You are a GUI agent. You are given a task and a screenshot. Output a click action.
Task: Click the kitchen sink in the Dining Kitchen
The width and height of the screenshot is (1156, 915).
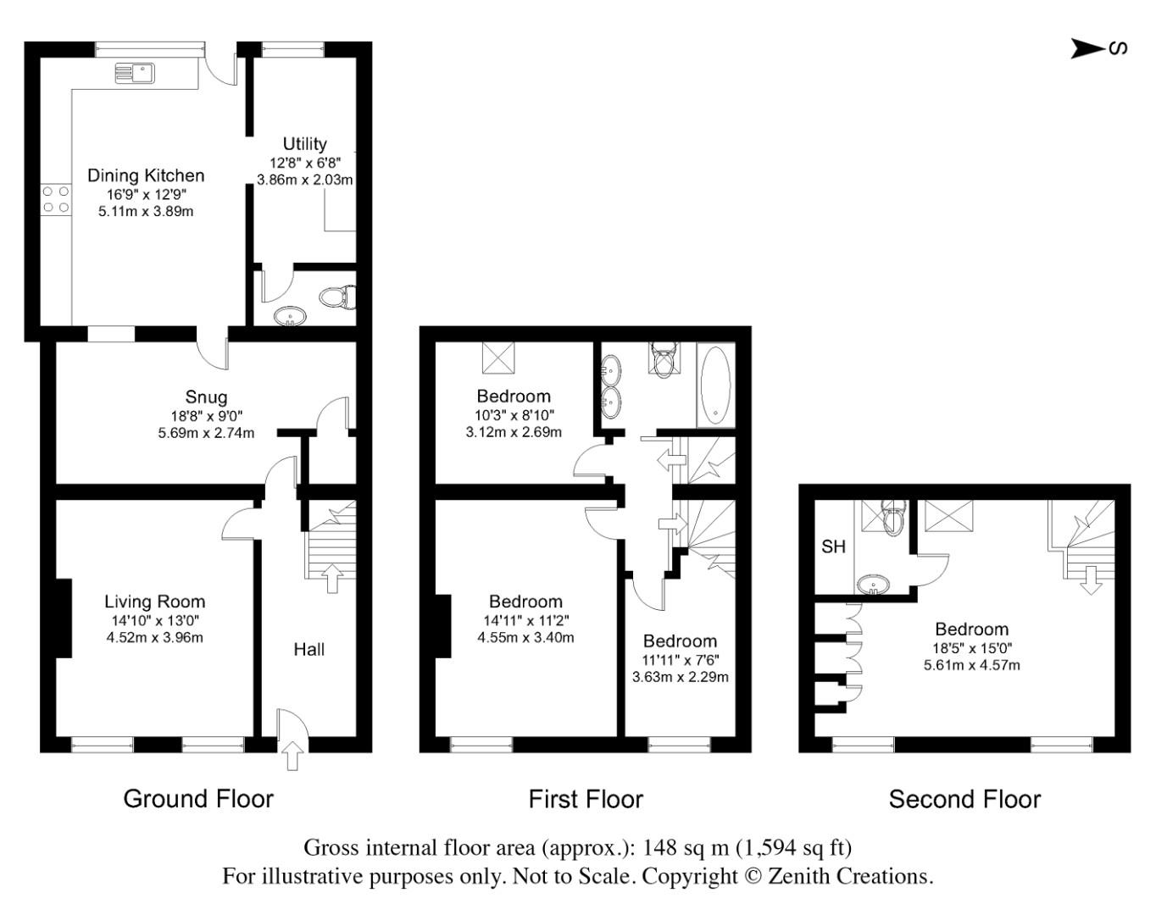click(x=135, y=73)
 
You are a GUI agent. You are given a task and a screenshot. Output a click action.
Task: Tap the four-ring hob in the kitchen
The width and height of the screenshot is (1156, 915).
click(x=56, y=199)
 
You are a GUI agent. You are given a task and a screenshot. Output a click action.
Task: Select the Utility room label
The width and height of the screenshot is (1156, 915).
click(x=304, y=144)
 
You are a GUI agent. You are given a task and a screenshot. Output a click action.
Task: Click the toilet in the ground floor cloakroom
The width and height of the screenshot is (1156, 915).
click(x=337, y=297)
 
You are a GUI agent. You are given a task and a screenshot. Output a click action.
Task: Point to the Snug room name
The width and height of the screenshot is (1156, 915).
click(x=206, y=397)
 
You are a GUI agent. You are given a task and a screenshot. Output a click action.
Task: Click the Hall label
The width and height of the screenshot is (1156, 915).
click(x=308, y=650)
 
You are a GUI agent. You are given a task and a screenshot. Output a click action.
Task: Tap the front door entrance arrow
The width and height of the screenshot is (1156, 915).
click(x=292, y=756)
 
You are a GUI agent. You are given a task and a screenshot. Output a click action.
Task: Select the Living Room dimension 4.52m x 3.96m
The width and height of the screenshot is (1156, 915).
click(x=155, y=638)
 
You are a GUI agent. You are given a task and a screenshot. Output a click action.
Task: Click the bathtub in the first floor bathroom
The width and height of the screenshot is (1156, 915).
click(x=715, y=385)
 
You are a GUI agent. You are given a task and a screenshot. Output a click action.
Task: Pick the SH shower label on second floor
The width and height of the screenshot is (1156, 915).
click(x=833, y=546)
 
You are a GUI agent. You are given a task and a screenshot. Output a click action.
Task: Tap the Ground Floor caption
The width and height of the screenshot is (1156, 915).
click(x=198, y=799)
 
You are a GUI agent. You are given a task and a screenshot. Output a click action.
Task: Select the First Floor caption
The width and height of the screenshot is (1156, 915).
click(x=586, y=799)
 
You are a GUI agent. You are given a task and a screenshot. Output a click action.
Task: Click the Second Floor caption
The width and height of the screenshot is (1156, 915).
click(x=964, y=799)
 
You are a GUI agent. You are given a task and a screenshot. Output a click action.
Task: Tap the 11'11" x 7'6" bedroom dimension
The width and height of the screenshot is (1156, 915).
click(x=680, y=659)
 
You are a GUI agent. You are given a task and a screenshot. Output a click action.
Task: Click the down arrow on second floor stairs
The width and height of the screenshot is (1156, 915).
click(x=1091, y=580)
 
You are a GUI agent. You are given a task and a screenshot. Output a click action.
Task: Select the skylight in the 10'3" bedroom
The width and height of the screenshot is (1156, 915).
click(x=498, y=357)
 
